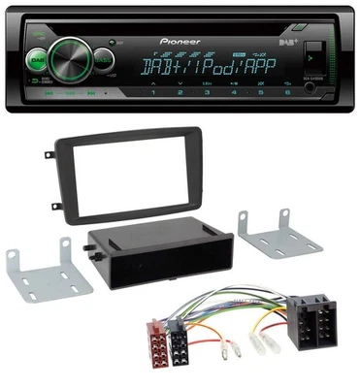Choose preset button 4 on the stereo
(235, 95)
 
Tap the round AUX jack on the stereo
(310, 88)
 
